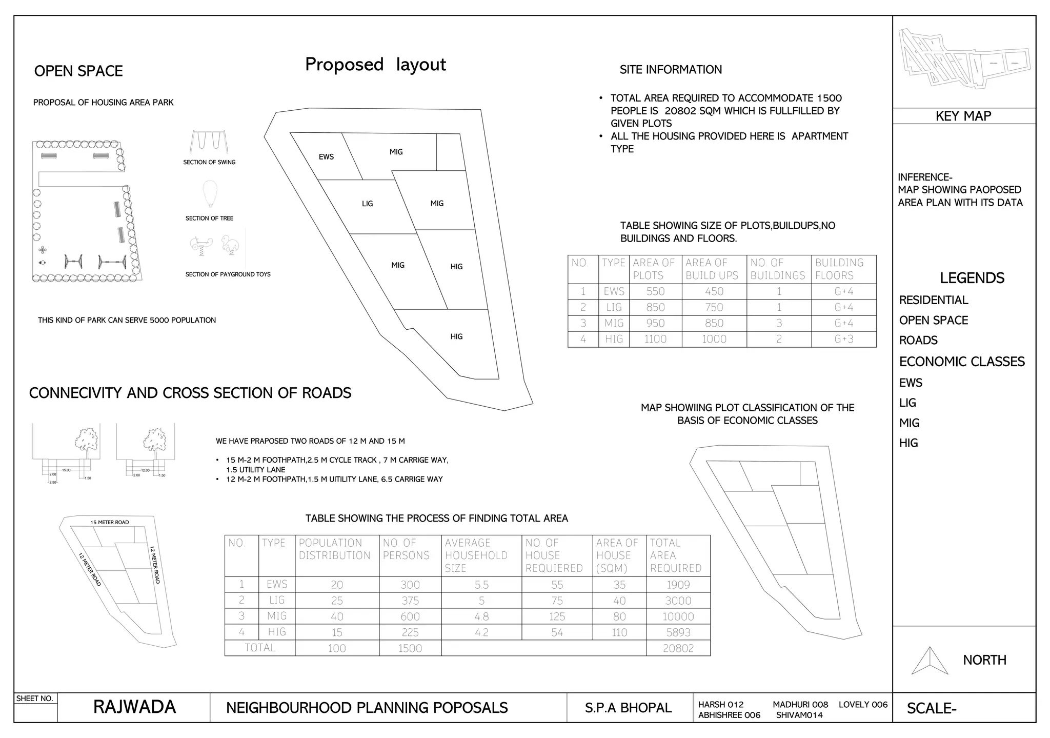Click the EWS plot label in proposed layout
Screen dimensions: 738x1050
326,157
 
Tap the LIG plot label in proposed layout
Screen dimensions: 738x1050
367,204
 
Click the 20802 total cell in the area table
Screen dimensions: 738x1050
678,648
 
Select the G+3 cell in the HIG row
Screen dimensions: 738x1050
843,339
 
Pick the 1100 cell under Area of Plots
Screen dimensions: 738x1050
655,339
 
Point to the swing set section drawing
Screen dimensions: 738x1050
209,142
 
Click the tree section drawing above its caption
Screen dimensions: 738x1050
210,194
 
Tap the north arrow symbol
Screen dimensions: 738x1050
929,661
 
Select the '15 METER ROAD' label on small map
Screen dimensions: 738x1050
110,523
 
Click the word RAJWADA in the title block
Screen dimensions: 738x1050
134,707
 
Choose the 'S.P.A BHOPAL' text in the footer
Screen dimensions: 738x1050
628,708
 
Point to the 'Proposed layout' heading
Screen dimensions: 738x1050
375,65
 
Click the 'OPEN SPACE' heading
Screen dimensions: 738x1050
78,71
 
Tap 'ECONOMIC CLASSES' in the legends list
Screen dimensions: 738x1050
961,362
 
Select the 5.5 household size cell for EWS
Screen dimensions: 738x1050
481,585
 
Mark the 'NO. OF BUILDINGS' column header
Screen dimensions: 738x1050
777,269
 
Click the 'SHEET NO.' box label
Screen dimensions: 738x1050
35,699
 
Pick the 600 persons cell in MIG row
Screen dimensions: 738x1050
410,616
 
